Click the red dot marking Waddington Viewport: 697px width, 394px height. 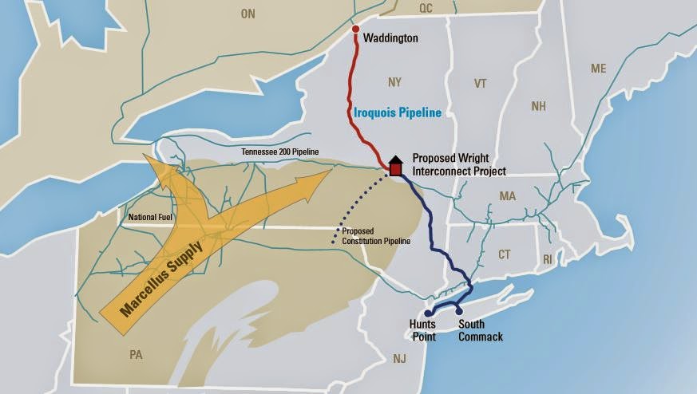(x=356, y=31)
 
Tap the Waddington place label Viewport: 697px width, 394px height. (x=390, y=38)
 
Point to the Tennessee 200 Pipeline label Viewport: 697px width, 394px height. (x=280, y=152)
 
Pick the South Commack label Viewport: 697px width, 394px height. (x=481, y=331)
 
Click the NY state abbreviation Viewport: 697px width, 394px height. (x=395, y=83)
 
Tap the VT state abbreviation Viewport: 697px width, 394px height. (x=480, y=84)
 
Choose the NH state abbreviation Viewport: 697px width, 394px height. (x=538, y=107)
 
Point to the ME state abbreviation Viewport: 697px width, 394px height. (x=599, y=69)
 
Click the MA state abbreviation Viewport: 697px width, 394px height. (x=507, y=195)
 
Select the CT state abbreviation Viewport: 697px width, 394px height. (x=504, y=255)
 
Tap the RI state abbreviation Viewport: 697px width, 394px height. (x=547, y=258)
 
